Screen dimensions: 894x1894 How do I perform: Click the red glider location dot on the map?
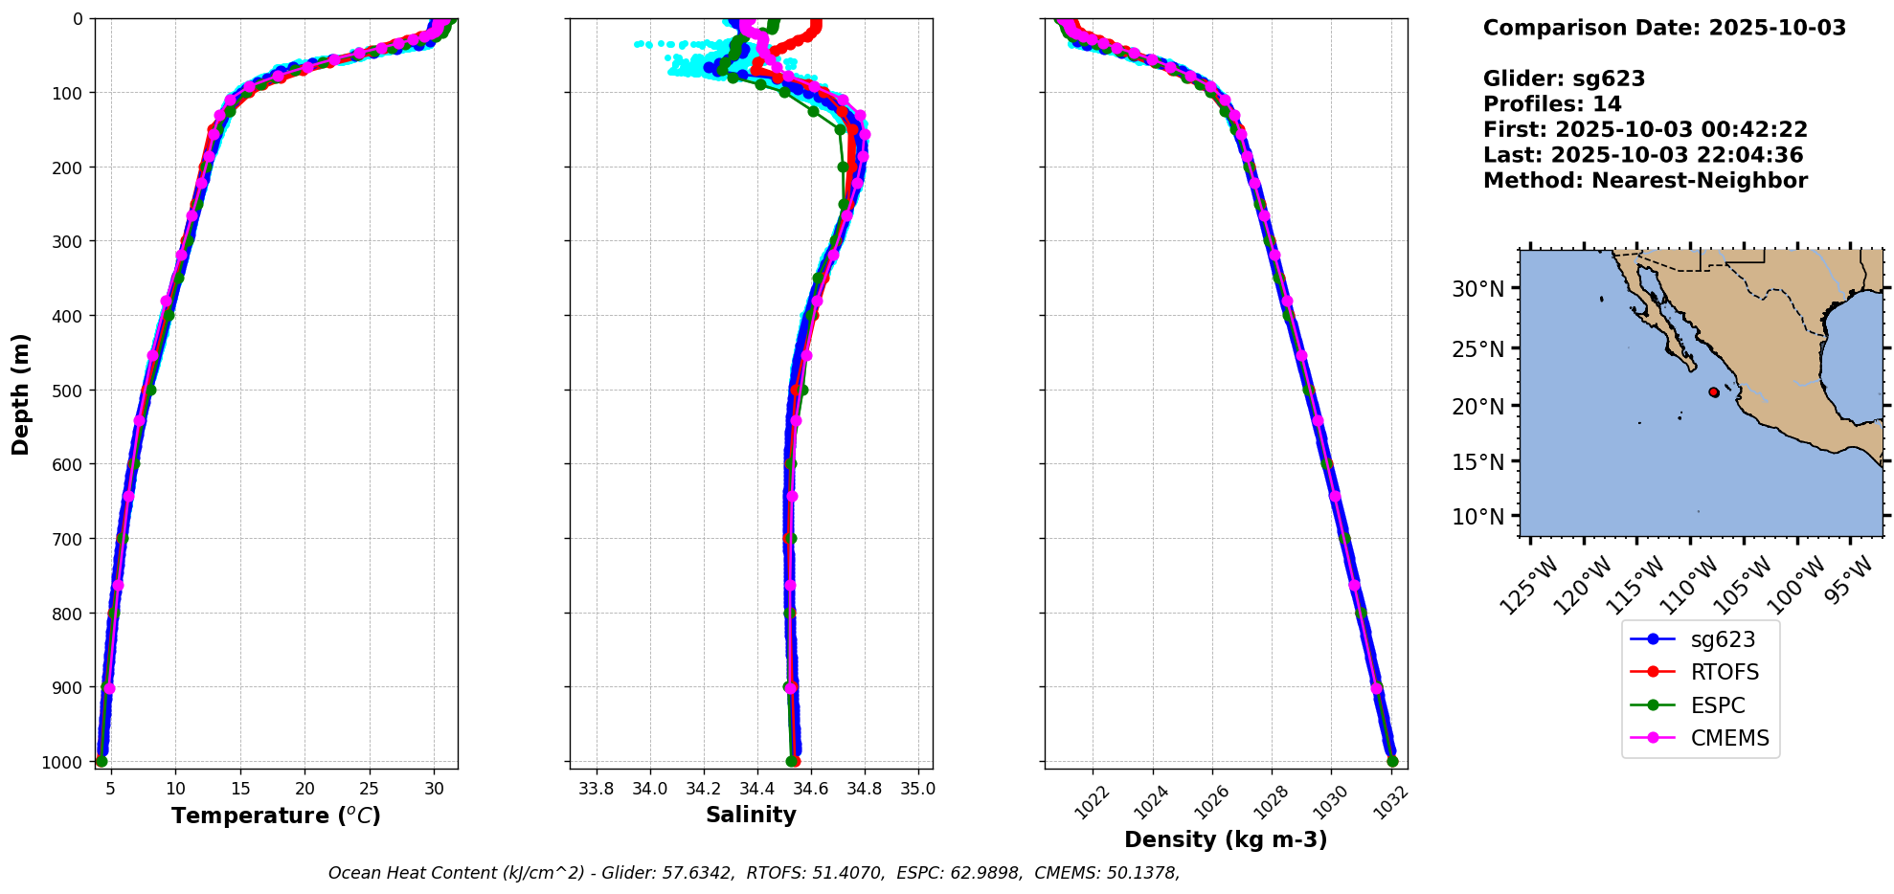tap(1714, 392)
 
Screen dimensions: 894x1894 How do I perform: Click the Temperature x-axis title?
tap(276, 816)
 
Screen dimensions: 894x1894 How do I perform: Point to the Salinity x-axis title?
tap(751, 816)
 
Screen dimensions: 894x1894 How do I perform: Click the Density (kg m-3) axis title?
tap(1226, 840)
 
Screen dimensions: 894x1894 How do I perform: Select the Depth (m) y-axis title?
tap(21, 393)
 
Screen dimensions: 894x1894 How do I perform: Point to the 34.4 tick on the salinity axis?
tap(757, 789)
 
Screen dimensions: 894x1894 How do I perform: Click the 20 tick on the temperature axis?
tap(304, 789)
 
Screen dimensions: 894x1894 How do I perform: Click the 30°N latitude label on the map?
tap(1477, 289)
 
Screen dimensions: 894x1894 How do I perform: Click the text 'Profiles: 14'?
tap(1552, 104)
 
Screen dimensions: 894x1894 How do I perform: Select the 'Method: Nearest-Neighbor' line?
tap(1645, 181)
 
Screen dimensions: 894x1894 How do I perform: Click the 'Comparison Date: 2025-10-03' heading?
tap(1664, 28)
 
